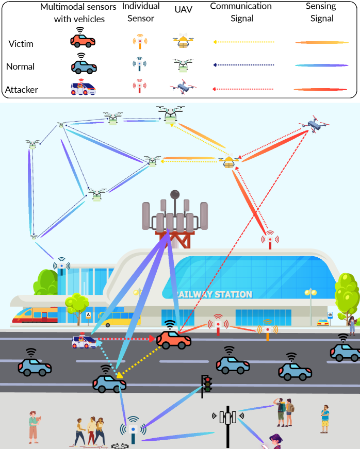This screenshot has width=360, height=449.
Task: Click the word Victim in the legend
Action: click(x=21, y=43)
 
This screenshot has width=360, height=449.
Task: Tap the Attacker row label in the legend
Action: click(x=22, y=89)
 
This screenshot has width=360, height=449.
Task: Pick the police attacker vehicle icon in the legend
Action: click(x=83, y=88)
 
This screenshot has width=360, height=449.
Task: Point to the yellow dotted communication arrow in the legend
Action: click(x=242, y=42)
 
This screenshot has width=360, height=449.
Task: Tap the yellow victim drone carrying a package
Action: click(x=228, y=162)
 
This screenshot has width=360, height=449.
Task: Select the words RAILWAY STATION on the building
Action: click(x=212, y=294)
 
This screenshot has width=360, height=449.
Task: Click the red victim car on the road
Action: click(x=174, y=339)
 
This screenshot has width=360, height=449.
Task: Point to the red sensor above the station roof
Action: click(x=270, y=240)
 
